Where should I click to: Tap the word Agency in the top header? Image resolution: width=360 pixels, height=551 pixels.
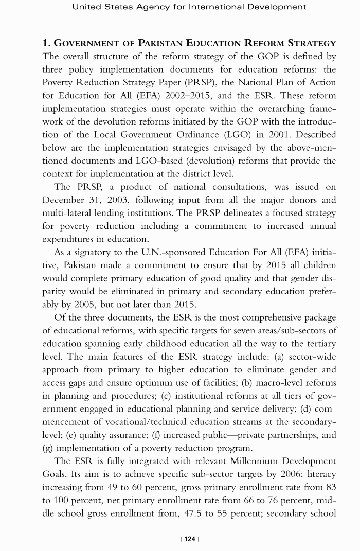point(149,7)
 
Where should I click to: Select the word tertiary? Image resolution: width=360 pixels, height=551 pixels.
point(318,343)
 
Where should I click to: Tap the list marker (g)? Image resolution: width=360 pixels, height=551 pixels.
point(48,448)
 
